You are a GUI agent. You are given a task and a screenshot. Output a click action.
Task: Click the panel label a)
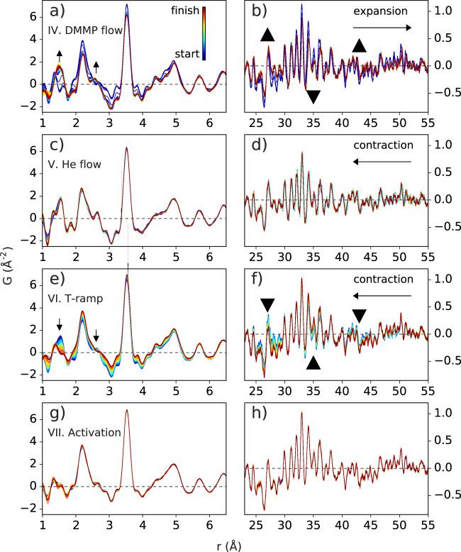pyautogui.click(x=56, y=12)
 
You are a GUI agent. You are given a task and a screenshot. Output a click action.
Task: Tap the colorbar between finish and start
pyautogui.click(x=204, y=35)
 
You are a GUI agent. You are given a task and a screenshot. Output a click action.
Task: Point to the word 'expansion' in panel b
pyautogui.click(x=383, y=12)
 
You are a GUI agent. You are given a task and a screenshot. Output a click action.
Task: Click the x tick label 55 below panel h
pyautogui.click(x=428, y=524)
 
